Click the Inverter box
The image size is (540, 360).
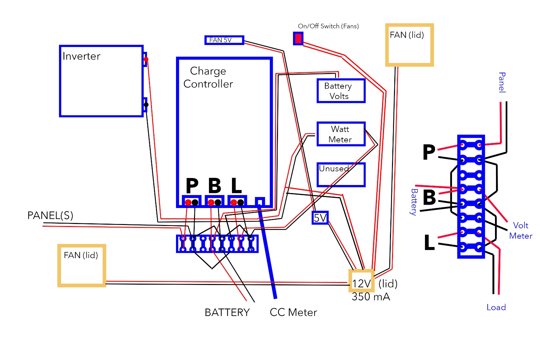(x=101, y=81)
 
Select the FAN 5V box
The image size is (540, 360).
(x=224, y=40)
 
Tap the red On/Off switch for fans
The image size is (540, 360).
(x=298, y=38)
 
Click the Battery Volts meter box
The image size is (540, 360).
(x=341, y=91)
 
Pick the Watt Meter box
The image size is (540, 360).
(x=341, y=134)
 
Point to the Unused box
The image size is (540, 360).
(x=341, y=175)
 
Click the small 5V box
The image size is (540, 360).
(x=320, y=218)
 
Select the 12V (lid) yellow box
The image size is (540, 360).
(x=361, y=283)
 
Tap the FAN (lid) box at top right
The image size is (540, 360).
(x=409, y=45)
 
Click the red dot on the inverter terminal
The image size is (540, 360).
(x=146, y=59)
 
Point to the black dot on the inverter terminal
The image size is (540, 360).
(x=146, y=105)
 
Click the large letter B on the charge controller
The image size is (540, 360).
(x=215, y=186)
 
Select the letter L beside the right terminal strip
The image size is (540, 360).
(x=429, y=242)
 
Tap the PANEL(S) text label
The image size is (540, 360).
(x=50, y=216)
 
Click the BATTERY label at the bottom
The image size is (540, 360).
(x=227, y=313)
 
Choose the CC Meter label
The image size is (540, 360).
(x=293, y=313)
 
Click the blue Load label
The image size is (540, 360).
(x=496, y=307)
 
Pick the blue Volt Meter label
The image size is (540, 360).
(x=520, y=231)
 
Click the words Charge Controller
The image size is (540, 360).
(x=208, y=77)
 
